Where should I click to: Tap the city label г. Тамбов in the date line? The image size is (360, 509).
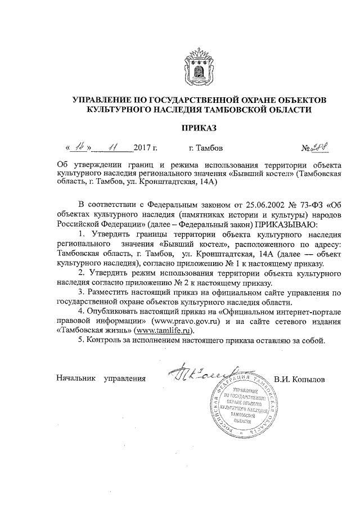pos(206,149)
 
